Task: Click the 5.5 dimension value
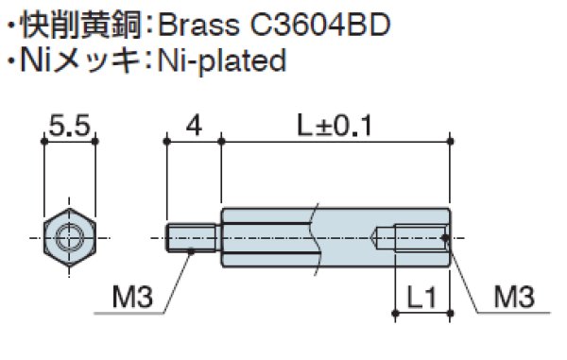pyautogui.click(x=71, y=125)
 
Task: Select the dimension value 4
pyautogui.click(x=193, y=125)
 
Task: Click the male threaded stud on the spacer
pyautogui.click(x=195, y=236)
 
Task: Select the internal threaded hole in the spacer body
pyautogui.click(x=416, y=236)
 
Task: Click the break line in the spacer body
pyautogui.click(x=312, y=236)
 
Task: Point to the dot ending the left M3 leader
pyautogui.click(x=191, y=249)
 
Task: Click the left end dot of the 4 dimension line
pyautogui.click(x=166, y=142)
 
